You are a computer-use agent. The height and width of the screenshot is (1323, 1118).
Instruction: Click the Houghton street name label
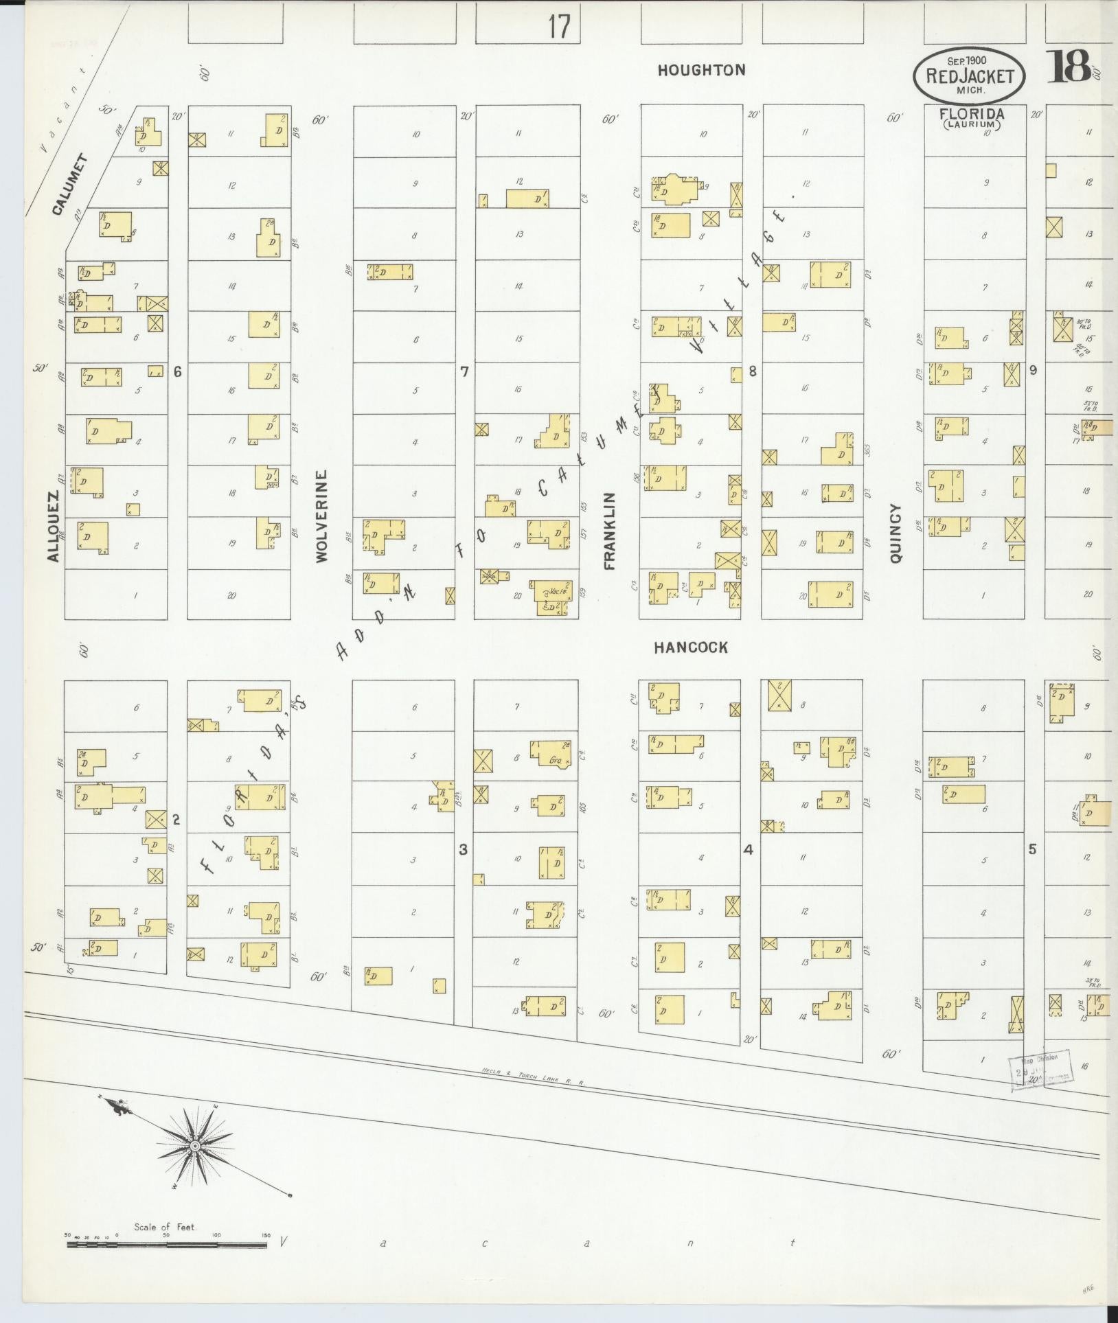701,70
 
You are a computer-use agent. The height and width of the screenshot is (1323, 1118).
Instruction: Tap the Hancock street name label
690,647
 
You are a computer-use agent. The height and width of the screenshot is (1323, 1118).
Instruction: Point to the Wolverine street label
323,516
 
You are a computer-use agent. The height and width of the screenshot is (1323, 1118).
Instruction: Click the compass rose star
195,1146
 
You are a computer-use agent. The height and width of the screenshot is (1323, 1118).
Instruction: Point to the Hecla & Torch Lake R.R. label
532,1077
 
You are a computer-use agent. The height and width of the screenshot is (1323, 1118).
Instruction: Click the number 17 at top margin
559,27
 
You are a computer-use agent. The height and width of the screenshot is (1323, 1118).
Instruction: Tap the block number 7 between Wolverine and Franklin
464,371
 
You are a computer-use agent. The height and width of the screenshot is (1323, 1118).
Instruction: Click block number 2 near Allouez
176,818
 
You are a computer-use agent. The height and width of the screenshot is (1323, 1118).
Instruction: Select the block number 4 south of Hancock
748,850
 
